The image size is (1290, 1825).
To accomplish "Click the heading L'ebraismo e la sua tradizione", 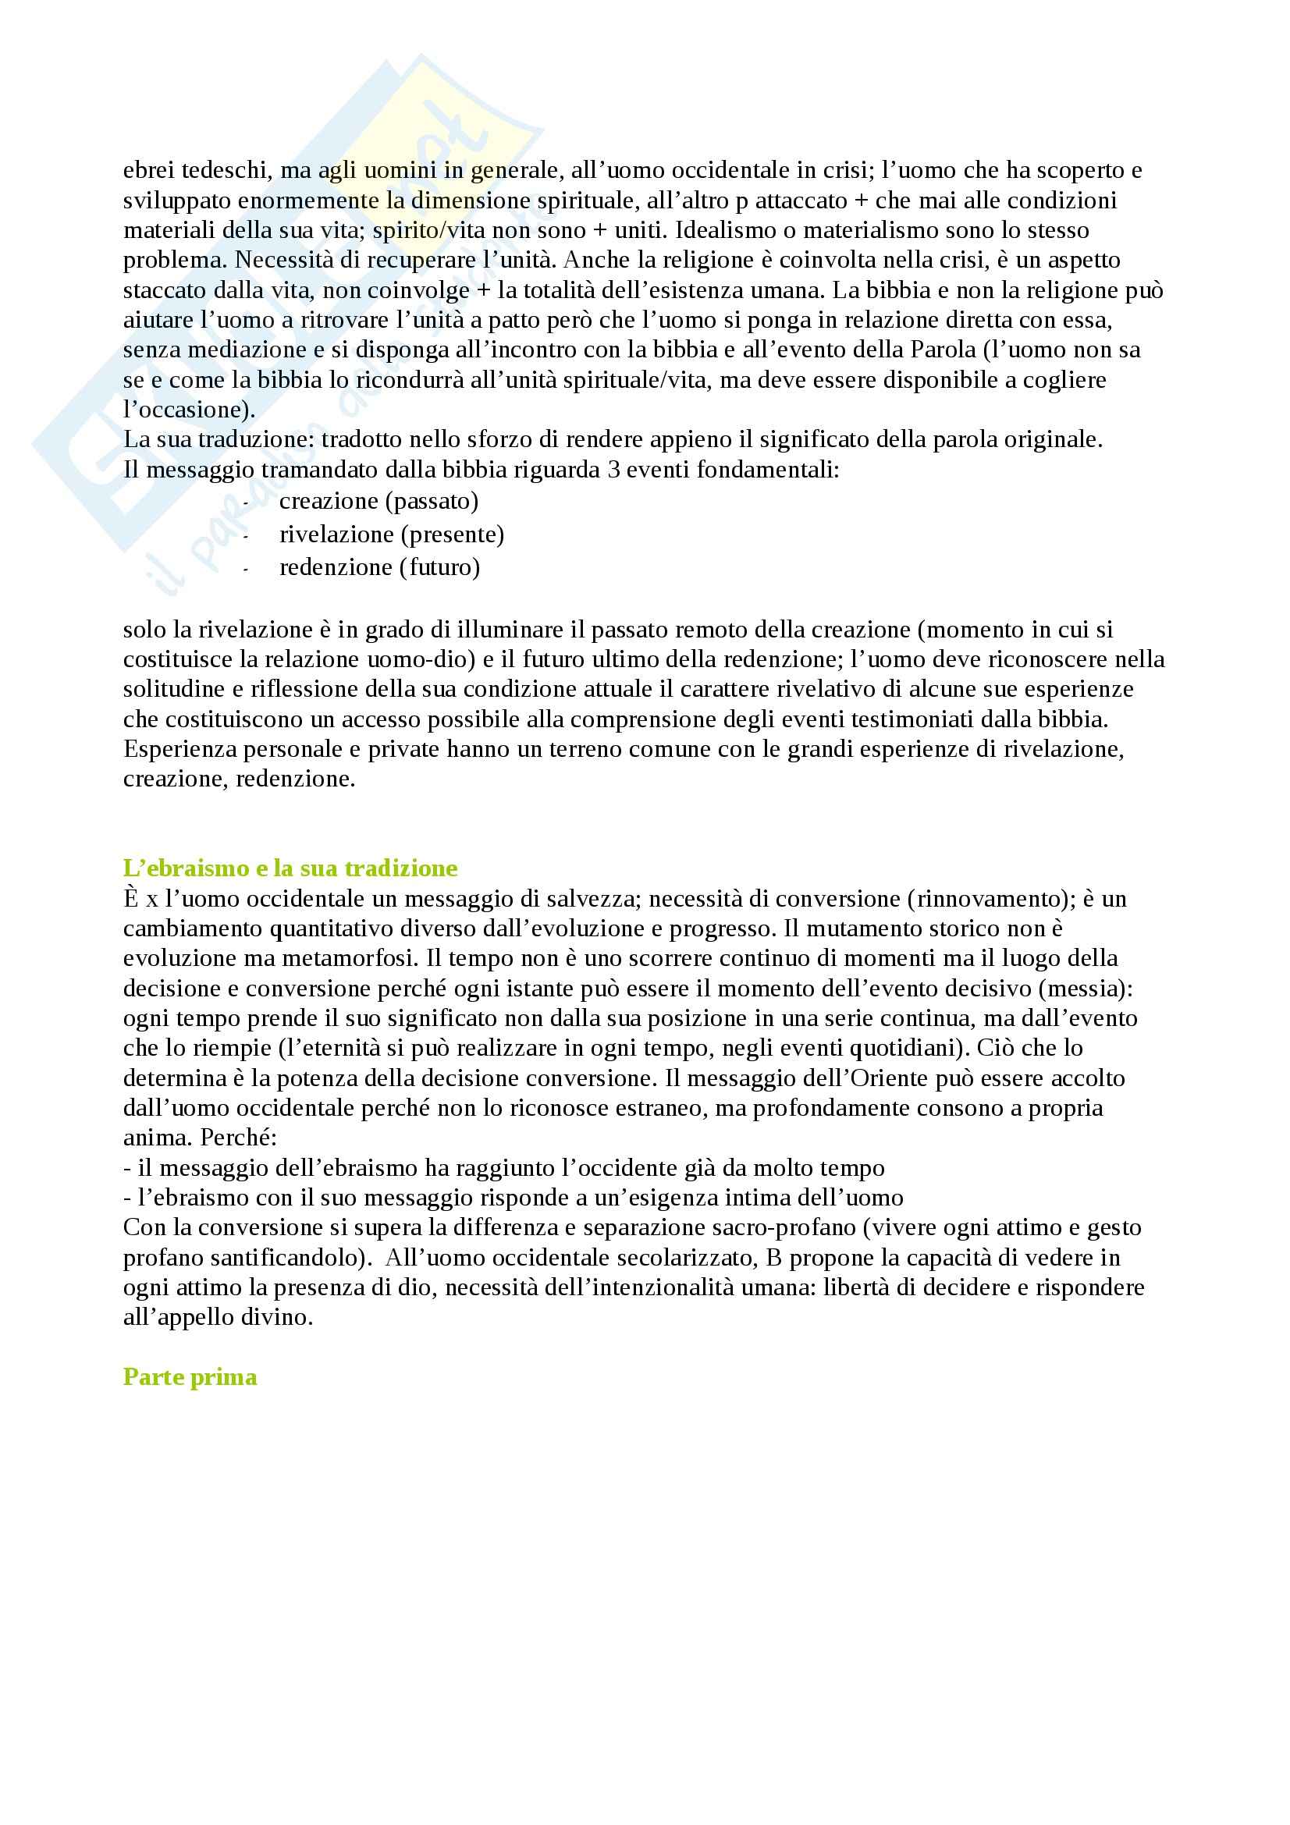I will click(x=290, y=867).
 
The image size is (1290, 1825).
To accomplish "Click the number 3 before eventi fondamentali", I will click(x=613, y=470).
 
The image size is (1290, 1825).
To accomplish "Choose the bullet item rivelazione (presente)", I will click(x=391, y=534).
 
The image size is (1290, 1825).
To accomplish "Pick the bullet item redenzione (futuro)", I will click(x=379, y=567).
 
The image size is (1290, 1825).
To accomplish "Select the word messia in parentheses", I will click(x=1093, y=989).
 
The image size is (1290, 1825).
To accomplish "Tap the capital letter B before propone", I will click(x=773, y=1258).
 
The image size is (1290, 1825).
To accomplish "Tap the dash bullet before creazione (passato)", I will click(x=246, y=504).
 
